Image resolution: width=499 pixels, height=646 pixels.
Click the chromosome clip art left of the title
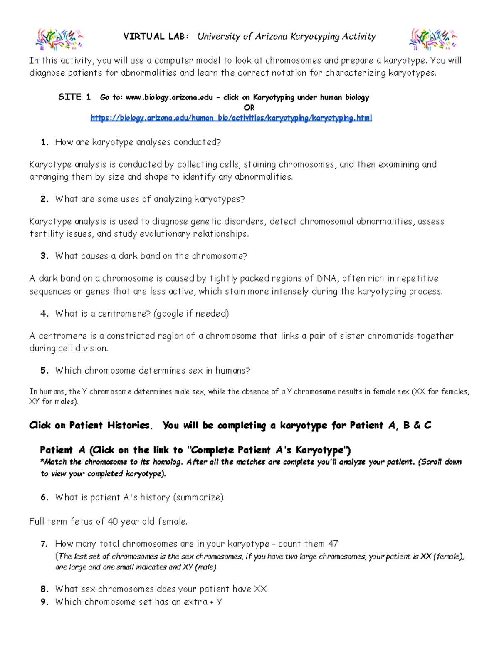click(x=59, y=38)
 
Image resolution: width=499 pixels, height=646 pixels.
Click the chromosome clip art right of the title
click(x=433, y=38)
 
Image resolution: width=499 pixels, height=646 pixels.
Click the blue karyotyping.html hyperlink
click(x=231, y=118)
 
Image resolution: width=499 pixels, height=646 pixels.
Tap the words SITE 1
click(x=74, y=97)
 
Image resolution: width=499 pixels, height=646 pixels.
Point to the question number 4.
click(x=44, y=314)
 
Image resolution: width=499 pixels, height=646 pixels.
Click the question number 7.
click(x=44, y=544)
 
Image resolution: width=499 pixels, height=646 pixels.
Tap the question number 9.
click(x=44, y=602)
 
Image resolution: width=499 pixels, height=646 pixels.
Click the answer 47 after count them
click(x=333, y=544)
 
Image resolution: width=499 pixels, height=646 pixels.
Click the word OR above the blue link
click(x=249, y=108)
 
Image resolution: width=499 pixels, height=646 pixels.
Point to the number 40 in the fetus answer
click(x=113, y=521)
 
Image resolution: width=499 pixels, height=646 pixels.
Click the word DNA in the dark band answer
click(x=327, y=278)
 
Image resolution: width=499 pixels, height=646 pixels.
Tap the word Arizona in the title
click(x=271, y=37)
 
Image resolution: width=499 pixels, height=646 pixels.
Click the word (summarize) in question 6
click(x=198, y=497)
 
